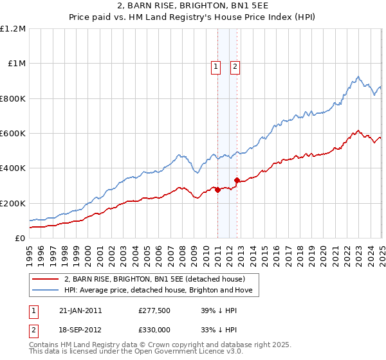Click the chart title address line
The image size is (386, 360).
(192, 6)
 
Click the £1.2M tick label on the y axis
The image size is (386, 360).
(13, 29)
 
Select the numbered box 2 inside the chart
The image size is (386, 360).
(235, 65)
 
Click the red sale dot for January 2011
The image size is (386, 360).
(217, 190)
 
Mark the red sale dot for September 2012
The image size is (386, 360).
(237, 181)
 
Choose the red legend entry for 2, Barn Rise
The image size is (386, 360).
(154, 280)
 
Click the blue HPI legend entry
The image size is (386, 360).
(161, 291)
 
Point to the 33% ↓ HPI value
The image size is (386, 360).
(219, 330)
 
